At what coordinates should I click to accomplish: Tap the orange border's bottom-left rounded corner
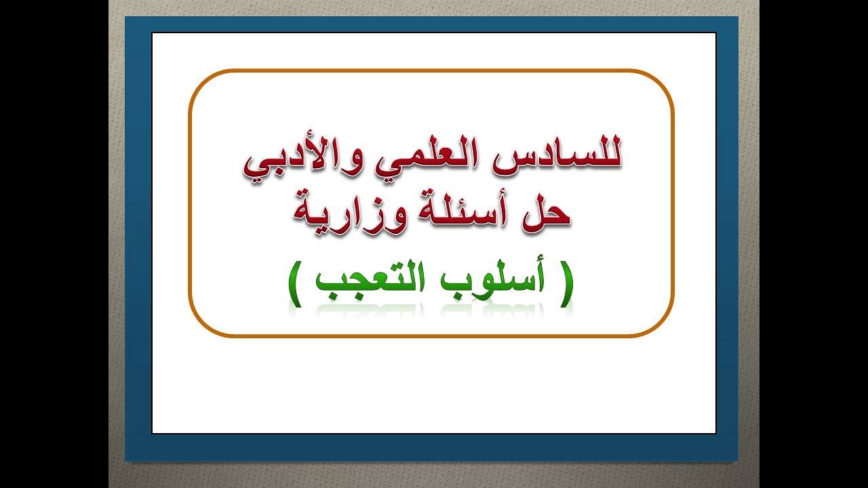(x=201, y=325)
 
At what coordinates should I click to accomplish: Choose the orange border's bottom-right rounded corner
(x=662, y=325)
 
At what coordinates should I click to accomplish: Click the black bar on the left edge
(x=54, y=244)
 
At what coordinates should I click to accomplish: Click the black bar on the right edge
(x=814, y=244)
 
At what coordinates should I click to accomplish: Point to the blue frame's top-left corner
(x=127, y=18)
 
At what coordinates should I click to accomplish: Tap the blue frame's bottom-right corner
(x=736, y=460)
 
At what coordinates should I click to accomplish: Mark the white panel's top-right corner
(x=715, y=34)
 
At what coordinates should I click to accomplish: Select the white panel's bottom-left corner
(x=153, y=432)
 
